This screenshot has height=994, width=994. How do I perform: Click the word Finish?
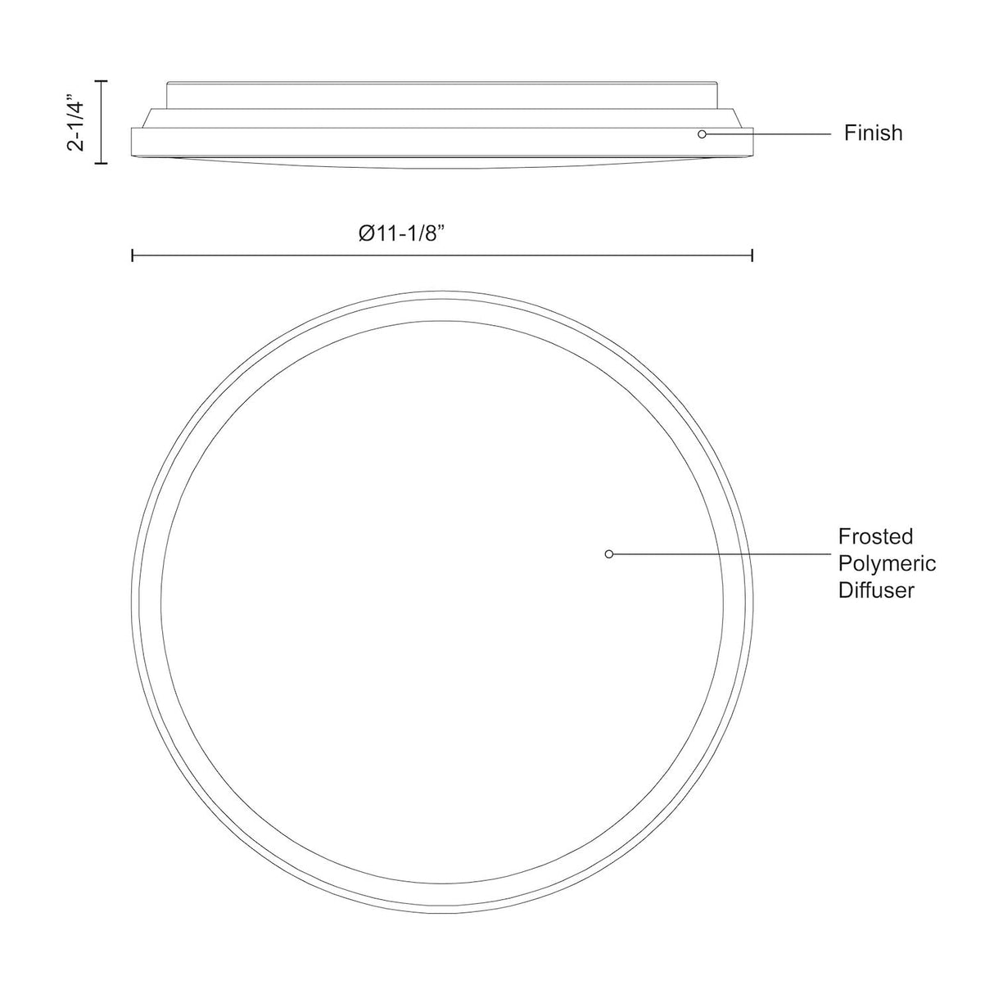tap(873, 133)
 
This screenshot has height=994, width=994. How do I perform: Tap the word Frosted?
tap(875, 536)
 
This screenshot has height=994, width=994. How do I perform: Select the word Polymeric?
tap(887, 564)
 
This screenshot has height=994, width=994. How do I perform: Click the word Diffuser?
tap(876, 590)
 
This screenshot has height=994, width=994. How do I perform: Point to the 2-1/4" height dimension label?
tap(75, 122)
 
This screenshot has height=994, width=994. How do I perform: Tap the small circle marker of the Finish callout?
tap(702, 134)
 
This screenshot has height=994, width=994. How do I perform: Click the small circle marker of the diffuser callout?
tap(608, 554)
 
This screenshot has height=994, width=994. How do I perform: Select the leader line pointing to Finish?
tap(768, 134)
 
